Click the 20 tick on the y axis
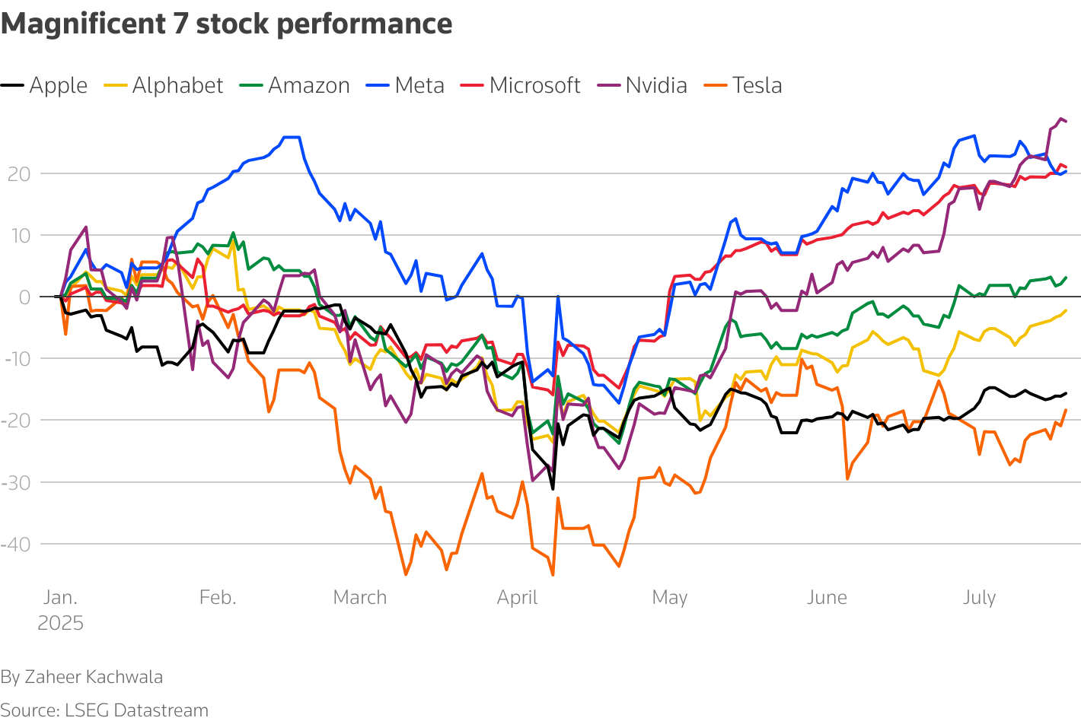pos(19,174)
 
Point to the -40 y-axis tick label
pos(16,545)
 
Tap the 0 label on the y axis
pos(25,297)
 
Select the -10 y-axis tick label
pos(16,359)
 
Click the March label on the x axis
pos(360,598)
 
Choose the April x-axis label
pos(518,598)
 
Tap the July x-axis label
pos(979,598)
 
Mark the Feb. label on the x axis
pos(218,598)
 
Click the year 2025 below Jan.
pos(60,624)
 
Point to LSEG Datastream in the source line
pos(136,710)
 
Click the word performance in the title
pos(365,24)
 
